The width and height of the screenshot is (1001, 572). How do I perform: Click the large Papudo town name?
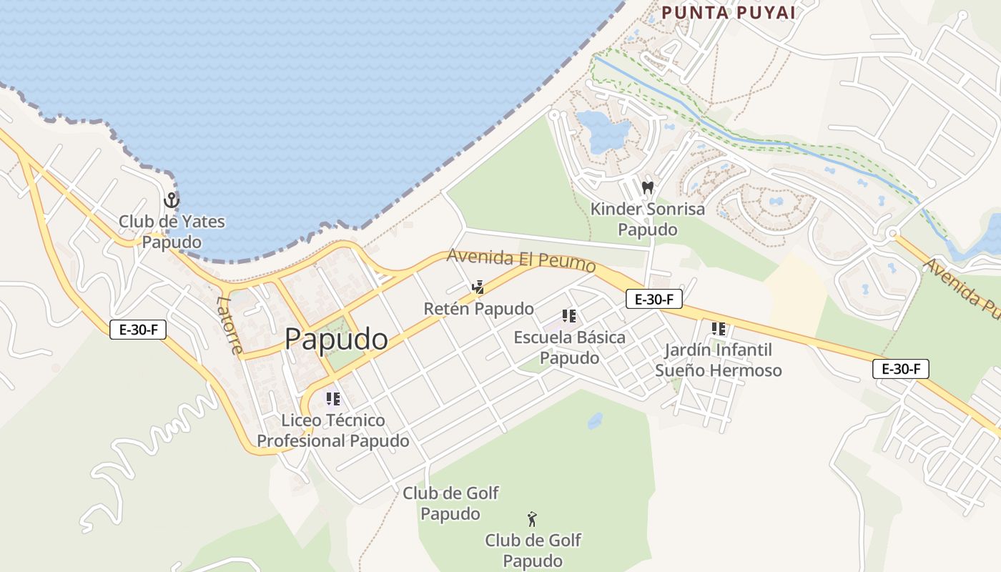click(336, 339)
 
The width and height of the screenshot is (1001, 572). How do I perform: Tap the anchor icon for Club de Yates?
click(171, 199)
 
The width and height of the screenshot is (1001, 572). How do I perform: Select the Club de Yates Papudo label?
click(172, 231)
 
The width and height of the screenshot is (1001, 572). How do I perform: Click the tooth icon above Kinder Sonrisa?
click(648, 188)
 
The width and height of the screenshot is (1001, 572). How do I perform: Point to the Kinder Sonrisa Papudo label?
click(647, 220)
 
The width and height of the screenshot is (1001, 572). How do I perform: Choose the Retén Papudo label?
click(478, 309)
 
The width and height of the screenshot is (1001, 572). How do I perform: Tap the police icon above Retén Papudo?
click(478, 287)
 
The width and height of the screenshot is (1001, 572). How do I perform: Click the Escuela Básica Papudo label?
click(569, 347)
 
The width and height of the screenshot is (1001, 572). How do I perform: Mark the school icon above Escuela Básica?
click(569, 316)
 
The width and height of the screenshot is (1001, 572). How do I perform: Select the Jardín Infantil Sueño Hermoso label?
click(718, 360)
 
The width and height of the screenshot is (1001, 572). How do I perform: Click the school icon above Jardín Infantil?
click(719, 329)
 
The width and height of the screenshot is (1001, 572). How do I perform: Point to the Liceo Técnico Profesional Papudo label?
click(333, 430)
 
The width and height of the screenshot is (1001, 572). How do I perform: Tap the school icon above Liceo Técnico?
click(333, 399)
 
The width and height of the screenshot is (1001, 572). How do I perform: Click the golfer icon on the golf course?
click(532, 518)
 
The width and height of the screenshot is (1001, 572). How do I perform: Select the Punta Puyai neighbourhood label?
click(729, 12)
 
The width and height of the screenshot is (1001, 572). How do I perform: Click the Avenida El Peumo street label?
click(521, 260)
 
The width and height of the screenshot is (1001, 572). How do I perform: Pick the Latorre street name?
click(230, 325)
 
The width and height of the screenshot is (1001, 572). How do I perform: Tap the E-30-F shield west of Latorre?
click(138, 330)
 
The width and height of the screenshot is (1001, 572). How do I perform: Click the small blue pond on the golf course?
click(595, 420)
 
